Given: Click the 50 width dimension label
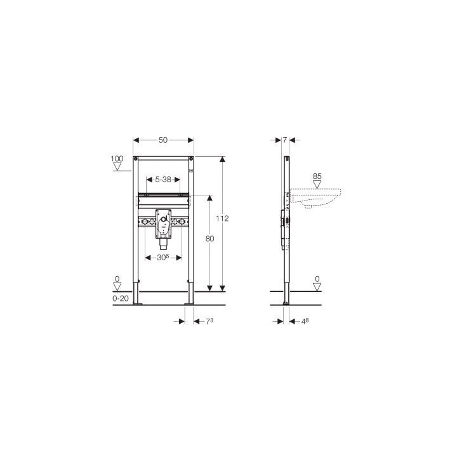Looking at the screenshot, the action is point(163,140).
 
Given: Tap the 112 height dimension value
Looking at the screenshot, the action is point(222,218).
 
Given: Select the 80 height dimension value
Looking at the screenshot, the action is point(210,239).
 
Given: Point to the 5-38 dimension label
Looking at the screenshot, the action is point(163,180).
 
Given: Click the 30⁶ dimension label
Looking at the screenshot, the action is point(163,257).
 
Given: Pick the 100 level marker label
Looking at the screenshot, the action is point(117,159).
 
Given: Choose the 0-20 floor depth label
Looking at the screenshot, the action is point(121,298).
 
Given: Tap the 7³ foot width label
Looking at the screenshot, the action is point(209,321).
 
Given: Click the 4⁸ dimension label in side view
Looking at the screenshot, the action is point(305,321).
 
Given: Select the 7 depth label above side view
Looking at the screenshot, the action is point(285,140).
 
